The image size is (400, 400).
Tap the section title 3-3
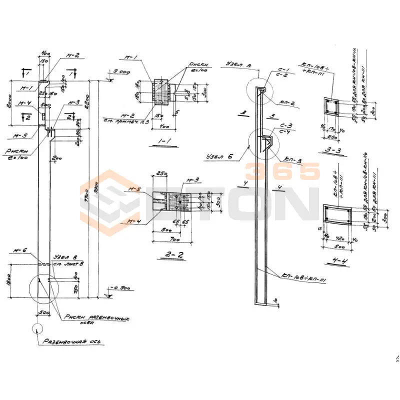pyautogui.click(x=331, y=149)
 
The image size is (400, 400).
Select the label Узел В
pyautogui.click(x=69, y=258)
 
